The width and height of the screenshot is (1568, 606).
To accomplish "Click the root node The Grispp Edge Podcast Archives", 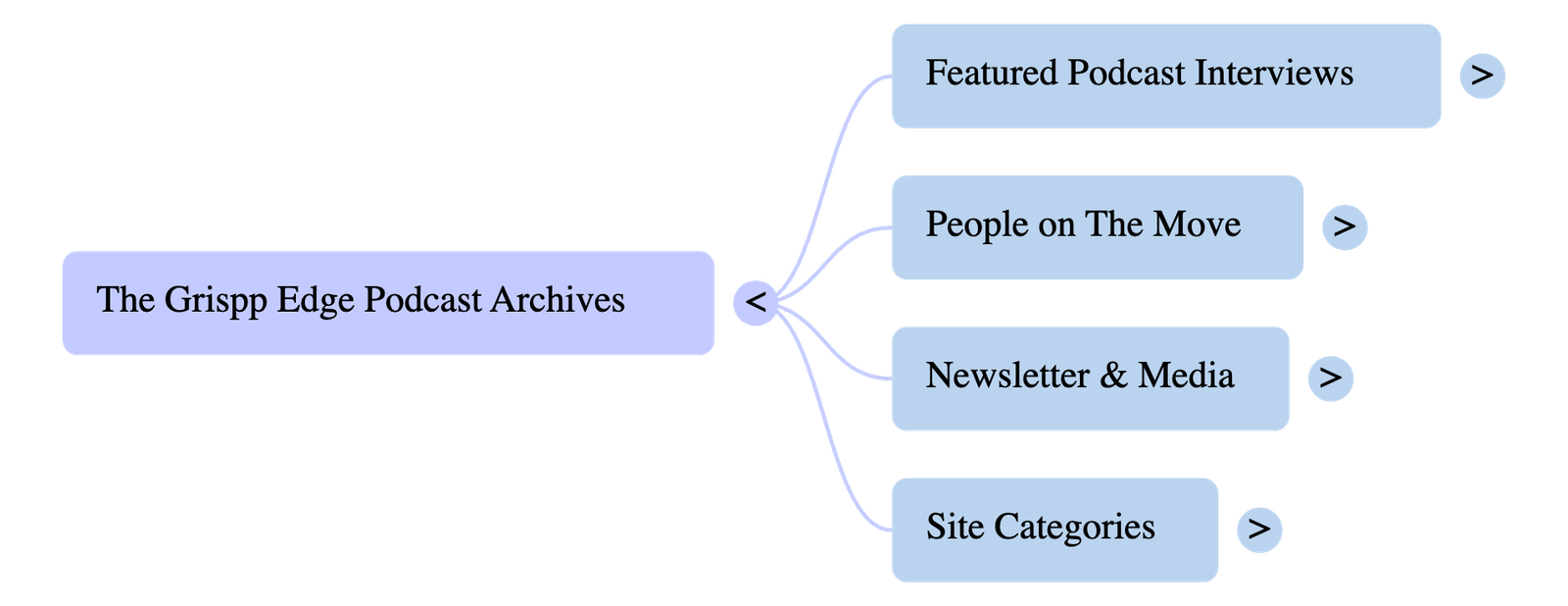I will [x=387, y=302].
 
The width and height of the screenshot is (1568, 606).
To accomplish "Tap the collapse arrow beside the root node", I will [x=756, y=302].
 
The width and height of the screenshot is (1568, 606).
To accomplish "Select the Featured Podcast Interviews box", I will [x=1165, y=76].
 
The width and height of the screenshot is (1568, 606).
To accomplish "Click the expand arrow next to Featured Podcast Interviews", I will [x=1482, y=76].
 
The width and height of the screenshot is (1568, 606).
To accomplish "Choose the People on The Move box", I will [x=1097, y=227].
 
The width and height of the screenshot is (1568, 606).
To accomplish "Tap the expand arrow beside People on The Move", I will [x=1345, y=227].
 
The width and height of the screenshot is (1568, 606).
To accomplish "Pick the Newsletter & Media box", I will [x=1089, y=378].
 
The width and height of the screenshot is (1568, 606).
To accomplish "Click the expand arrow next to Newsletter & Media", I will [x=1330, y=378].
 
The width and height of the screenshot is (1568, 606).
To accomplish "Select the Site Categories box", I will [x=1053, y=530].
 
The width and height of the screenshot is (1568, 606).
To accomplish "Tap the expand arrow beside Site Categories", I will [x=1259, y=530].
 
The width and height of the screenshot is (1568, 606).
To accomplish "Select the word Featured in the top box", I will [x=992, y=74].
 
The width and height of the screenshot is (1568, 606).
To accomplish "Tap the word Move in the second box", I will [x=1197, y=225].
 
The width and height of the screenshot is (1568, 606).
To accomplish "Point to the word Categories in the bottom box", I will [x=1074, y=528].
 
